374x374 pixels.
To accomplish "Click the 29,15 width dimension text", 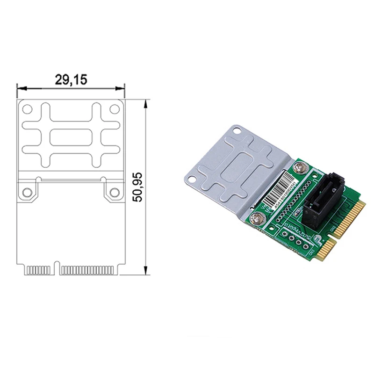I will click(71, 79).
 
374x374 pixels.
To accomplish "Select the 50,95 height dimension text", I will click(137, 187).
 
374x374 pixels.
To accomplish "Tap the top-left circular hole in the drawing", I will click(28, 109).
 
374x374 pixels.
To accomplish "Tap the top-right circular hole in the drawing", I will click(114, 109).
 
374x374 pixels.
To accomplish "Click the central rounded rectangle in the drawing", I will click(71, 138).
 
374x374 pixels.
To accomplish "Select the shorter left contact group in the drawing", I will click(40, 270).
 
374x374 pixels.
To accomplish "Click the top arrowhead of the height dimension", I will click(146, 102).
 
